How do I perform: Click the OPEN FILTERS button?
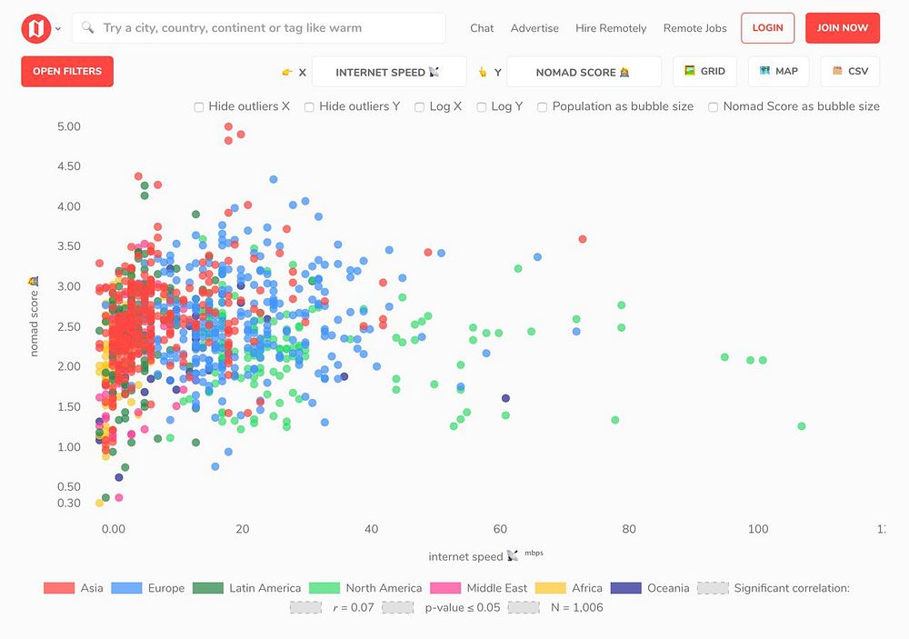click(67, 71)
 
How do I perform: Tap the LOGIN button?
click(767, 28)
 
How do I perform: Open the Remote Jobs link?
click(694, 28)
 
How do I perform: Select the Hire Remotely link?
click(611, 28)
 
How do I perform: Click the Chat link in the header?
click(482, 28)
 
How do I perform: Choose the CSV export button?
click(850, 71)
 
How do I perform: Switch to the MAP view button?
click(778, 71)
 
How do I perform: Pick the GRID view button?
click(704, 71)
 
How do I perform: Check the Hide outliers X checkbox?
click(199, 107)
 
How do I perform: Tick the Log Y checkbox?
click(482, 107)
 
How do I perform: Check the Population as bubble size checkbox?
click(543, 107)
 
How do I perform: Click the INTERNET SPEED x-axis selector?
click(388, 72)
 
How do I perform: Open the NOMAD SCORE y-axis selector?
click(584, 72)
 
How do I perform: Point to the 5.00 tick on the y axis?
click(68, 126)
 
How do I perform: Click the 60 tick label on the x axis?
click(500, 529)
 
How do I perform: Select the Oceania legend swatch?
click(626, 588)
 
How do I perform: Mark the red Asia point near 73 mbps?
click(583, 239)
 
